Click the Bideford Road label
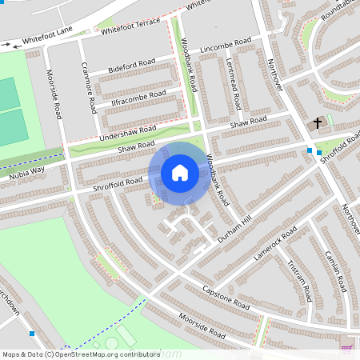(131, 68)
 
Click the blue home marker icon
(180, 173)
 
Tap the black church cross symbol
(318, 123)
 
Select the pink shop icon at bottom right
(346, 350)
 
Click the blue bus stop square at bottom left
(32, 333)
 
